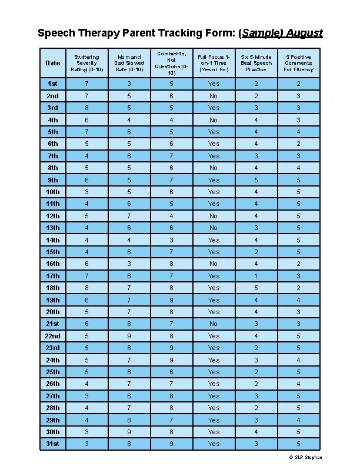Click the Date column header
pos(53,63)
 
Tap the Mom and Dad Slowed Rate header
pos(128,63)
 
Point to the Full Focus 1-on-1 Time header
pos(214,63)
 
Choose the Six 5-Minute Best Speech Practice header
pos(256,63)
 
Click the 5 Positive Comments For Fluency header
pos(298,63)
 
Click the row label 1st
pos(53,84)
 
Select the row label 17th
pos(53,276)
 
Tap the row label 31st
pos(53,444)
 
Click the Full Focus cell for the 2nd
pos(214,96)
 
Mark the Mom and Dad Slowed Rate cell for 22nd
pos(128,336)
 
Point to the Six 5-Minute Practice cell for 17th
pos(256,276)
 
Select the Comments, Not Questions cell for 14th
pos(171,240)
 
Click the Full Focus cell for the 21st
pos(214,324)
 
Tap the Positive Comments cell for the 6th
pos(298,144)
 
